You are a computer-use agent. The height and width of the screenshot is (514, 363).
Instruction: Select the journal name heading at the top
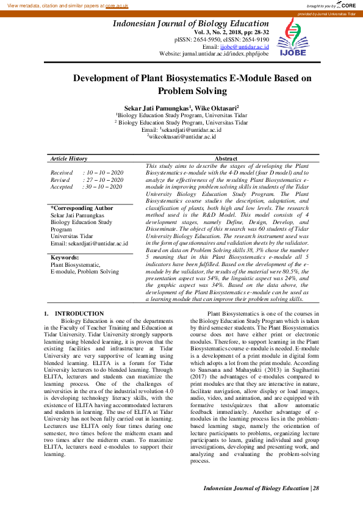(190, 24)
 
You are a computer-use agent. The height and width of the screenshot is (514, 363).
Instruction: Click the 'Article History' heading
(69, 158)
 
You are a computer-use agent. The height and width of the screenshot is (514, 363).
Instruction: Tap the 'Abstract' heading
(226, 158)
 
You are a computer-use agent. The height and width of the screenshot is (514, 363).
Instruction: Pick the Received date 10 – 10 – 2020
(106, 173)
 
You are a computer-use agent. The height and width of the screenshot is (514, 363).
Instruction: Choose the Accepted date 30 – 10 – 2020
(106, 187)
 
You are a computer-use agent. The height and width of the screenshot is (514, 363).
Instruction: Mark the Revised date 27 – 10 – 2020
(106, 180)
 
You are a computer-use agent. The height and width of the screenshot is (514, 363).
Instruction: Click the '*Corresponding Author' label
(82, 208)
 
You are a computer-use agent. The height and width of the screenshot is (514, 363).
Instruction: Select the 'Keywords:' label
(65, 258)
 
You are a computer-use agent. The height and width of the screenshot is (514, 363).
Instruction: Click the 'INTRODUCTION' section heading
(84, 314)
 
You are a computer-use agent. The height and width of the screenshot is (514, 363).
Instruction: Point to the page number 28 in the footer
(316, 488)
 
